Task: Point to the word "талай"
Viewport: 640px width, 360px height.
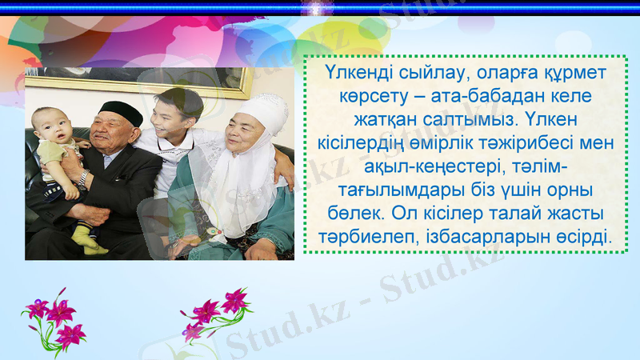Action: click(x=510, y=214)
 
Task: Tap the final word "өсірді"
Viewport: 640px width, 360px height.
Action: click(x=574, y=238)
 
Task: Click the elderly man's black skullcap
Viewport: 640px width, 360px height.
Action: click(x=122, y=111)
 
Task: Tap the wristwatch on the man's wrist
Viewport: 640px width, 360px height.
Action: click(x=82, y=178)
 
